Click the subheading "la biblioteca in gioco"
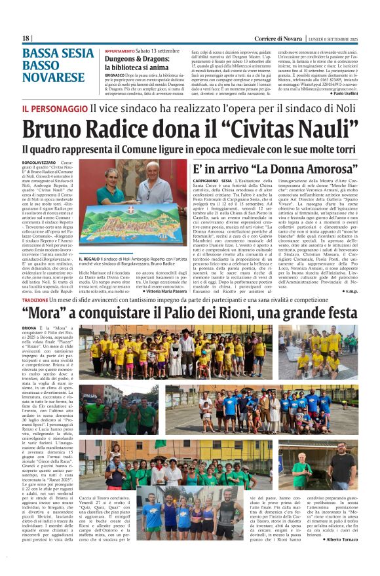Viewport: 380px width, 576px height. pos(134,66)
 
